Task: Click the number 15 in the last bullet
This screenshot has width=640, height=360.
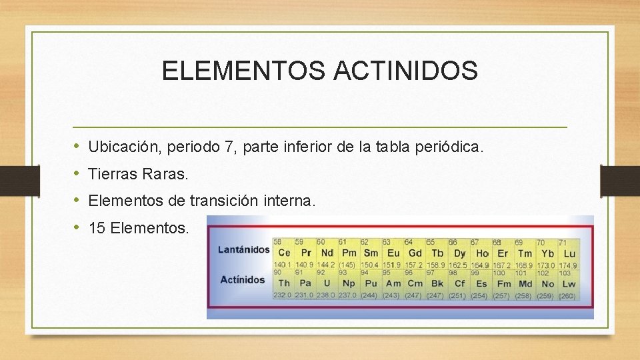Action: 96,228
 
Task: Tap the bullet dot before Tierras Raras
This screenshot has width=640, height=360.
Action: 77,173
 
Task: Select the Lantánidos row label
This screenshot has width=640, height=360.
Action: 244,250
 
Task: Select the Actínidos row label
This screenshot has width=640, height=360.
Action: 243,279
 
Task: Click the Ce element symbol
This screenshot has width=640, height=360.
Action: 284,253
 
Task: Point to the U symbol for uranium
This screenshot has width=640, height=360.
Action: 327,284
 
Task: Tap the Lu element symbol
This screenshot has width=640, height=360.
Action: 569,253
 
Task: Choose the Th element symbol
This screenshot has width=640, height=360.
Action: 284,284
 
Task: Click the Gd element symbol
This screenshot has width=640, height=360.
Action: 415,253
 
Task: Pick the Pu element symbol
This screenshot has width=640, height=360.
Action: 371,284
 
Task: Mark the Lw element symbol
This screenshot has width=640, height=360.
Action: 569,284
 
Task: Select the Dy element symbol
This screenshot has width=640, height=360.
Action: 459,253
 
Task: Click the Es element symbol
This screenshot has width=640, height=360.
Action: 481,284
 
